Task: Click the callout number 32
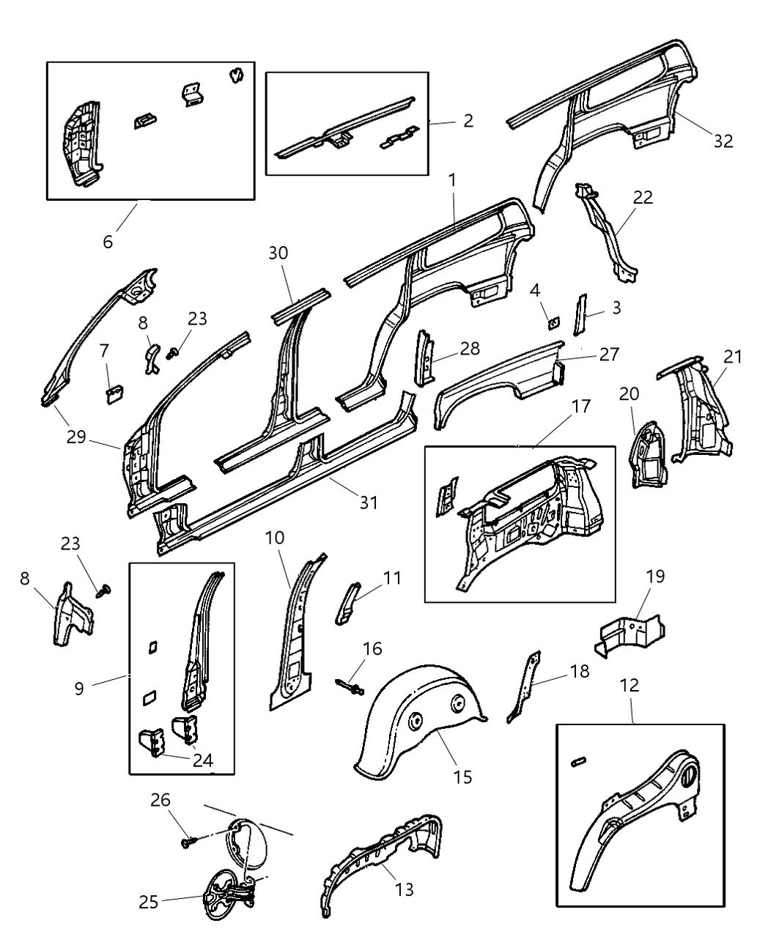[723, 141]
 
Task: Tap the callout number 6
[108, 241]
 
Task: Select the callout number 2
[468, 120]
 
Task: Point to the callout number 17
[580, 406]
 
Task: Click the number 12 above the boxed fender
[629, 685]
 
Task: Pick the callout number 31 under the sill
[368, 502]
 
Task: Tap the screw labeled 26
[186, 843]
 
